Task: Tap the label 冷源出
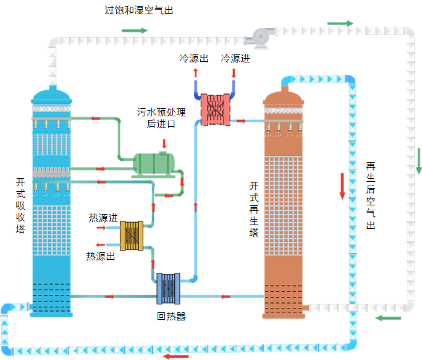coord(193,59)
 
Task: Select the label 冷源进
coord(236,59)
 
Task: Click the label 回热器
coord(171,317)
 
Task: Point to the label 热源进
coord(103,218)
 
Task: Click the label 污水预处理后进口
coord(161,118)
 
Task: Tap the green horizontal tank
coord(154,163)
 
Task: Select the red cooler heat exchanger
coord(216,109)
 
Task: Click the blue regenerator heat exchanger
coord(168,288)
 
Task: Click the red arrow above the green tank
coord(164,144)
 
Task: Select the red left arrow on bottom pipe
coord(176,356)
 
